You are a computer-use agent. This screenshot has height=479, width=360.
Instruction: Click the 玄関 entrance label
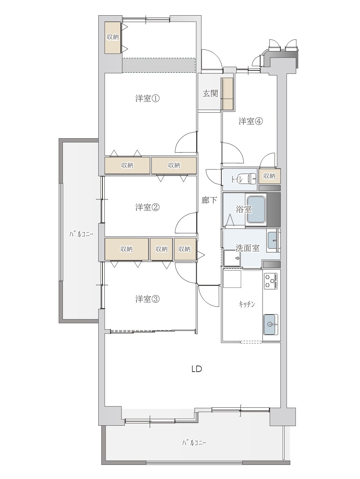(x=210, y=94)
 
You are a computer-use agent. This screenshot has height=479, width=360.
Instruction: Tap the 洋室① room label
(x=147, y=98)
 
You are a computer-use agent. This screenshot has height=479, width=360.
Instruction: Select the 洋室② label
(x=147, y=207)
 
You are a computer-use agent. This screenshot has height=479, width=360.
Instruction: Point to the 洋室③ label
(x=147, y=299)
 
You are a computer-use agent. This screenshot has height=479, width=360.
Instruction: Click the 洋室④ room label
(x=250, y=121)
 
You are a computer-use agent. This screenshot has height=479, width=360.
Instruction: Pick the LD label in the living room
(x=197, y=369)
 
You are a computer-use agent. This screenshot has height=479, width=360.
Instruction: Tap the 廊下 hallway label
(x=209, y=200)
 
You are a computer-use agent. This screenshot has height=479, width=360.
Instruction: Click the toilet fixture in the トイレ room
(x=252, y=179)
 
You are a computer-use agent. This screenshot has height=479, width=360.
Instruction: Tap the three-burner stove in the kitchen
(x=270, y=281)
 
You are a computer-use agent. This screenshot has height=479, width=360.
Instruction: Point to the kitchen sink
(x=271, y=324)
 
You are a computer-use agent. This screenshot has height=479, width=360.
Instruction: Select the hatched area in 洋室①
(x=158, y=65)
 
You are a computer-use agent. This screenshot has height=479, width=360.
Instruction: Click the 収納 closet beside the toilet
(x=270, y=176)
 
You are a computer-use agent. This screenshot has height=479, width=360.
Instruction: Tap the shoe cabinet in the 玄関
(x=227, y=94)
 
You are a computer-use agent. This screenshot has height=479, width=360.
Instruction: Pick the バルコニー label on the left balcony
(x=81, y=235)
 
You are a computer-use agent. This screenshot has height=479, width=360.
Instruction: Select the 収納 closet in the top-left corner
(x=113, y=38)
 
